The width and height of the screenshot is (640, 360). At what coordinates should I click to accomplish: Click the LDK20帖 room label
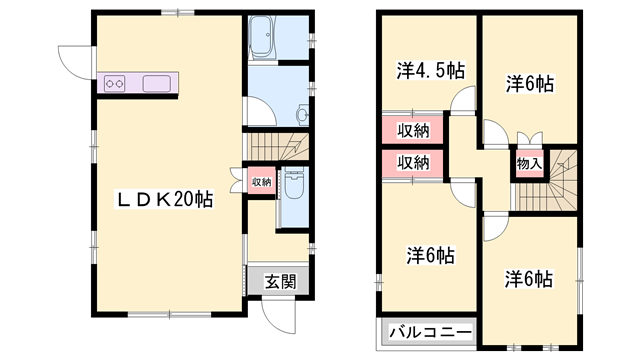[165, 200]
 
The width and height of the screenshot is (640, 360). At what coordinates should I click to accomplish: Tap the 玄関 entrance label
[280, 281]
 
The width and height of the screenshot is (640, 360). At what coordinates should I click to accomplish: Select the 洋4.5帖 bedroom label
[431, 71]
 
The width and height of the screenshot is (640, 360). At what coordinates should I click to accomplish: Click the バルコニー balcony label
[430, 333]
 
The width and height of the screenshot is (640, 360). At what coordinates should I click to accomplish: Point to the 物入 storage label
[529, 164]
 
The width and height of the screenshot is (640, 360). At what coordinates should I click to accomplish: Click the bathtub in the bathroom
[262, 37]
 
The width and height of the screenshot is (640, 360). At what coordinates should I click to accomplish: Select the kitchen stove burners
[114, 84]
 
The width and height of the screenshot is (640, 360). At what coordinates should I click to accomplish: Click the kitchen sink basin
[156, 84]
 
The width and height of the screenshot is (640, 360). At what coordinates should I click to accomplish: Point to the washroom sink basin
[303, 113]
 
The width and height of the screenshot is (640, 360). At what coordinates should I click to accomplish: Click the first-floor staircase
[278, 147]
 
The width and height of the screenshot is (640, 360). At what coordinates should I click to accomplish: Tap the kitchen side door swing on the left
[77, 62]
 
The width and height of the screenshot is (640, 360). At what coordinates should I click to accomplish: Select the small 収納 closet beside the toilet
[261, 182]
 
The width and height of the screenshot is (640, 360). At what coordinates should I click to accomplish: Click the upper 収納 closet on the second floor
[413, 131]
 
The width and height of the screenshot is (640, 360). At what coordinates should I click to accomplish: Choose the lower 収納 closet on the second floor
[413, 163]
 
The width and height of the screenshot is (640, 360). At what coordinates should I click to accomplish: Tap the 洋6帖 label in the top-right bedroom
[530, 84]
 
